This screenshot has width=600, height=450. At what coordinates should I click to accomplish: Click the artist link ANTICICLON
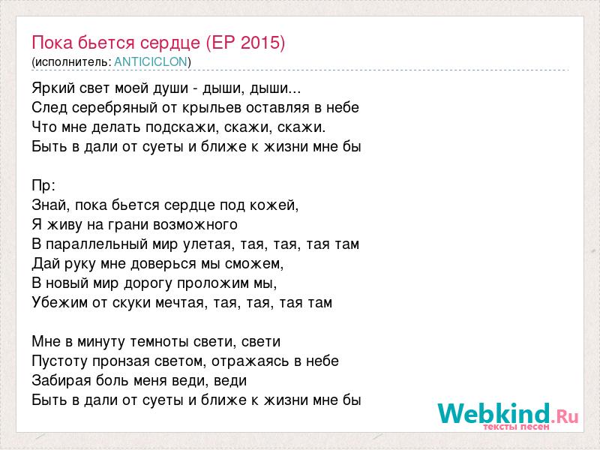[x=151, y=61]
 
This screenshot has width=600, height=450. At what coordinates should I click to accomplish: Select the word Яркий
[x=53, y=88]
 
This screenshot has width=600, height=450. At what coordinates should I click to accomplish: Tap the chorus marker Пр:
[x=43, y=185]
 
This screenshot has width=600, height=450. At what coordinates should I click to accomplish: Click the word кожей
[x=273, y=205]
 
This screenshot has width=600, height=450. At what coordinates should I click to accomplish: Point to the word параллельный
[x=97, y=244]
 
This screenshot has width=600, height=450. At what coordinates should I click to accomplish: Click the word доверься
[x=176, y=264]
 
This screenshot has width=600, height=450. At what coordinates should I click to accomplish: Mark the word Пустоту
[x=59, y=361]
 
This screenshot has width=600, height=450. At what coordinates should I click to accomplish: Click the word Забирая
[x=61, y=381]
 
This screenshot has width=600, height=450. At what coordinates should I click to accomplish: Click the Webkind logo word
[x=494, y=413]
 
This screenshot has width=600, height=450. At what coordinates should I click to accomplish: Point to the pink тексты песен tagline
[x=517, y=427]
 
